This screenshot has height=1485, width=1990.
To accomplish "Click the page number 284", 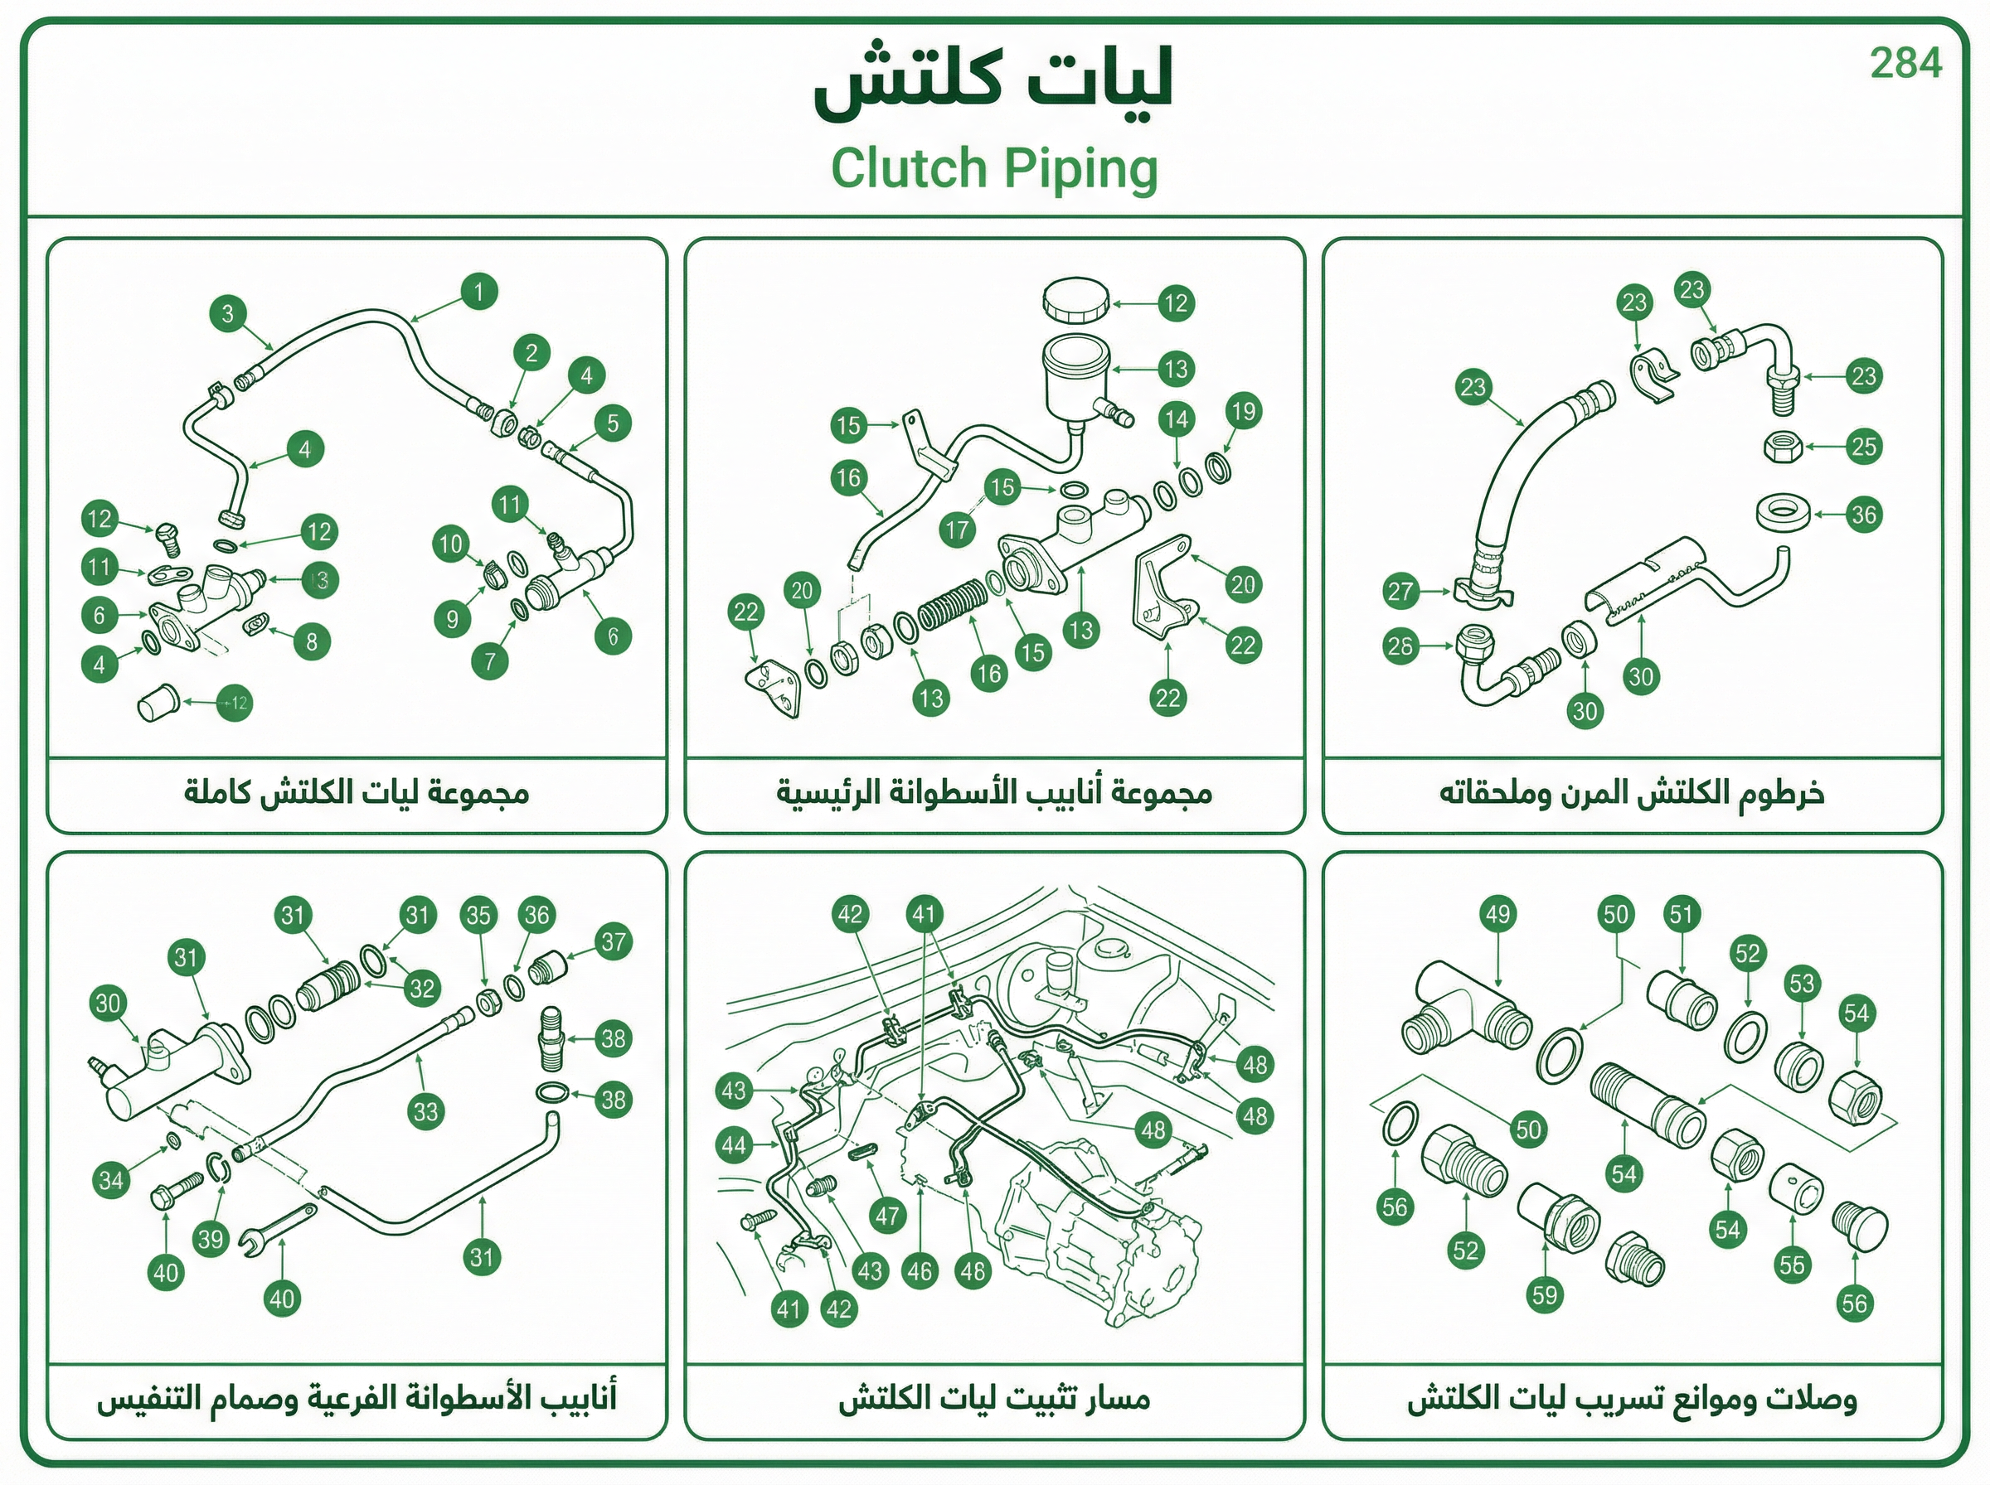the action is tap(1905, 63).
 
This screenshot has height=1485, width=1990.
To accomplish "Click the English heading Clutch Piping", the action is tap(993, 169).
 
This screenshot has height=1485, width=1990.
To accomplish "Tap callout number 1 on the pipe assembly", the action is tap(478, 291).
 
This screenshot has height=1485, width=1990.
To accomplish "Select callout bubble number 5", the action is tap(613, 423).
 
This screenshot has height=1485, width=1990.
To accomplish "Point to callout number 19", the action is tap(1243, 412).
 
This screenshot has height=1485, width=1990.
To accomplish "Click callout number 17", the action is tap(958, 530).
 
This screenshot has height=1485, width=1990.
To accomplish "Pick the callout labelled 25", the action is tap(1863, 447).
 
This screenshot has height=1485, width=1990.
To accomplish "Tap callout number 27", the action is tap(1401, 592).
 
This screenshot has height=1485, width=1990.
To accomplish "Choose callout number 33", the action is tap(425, 1112).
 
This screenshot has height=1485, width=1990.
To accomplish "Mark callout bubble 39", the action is tap(211, 1240).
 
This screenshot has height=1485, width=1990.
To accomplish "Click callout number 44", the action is tap(735, 1145).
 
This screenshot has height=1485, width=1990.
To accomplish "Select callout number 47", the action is tap(887, 1217).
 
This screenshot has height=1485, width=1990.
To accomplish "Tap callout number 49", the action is tap(1498, 915).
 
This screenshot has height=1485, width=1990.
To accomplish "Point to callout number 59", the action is tap(1545, 1295).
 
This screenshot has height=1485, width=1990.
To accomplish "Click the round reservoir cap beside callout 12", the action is tap(1075, 300).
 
